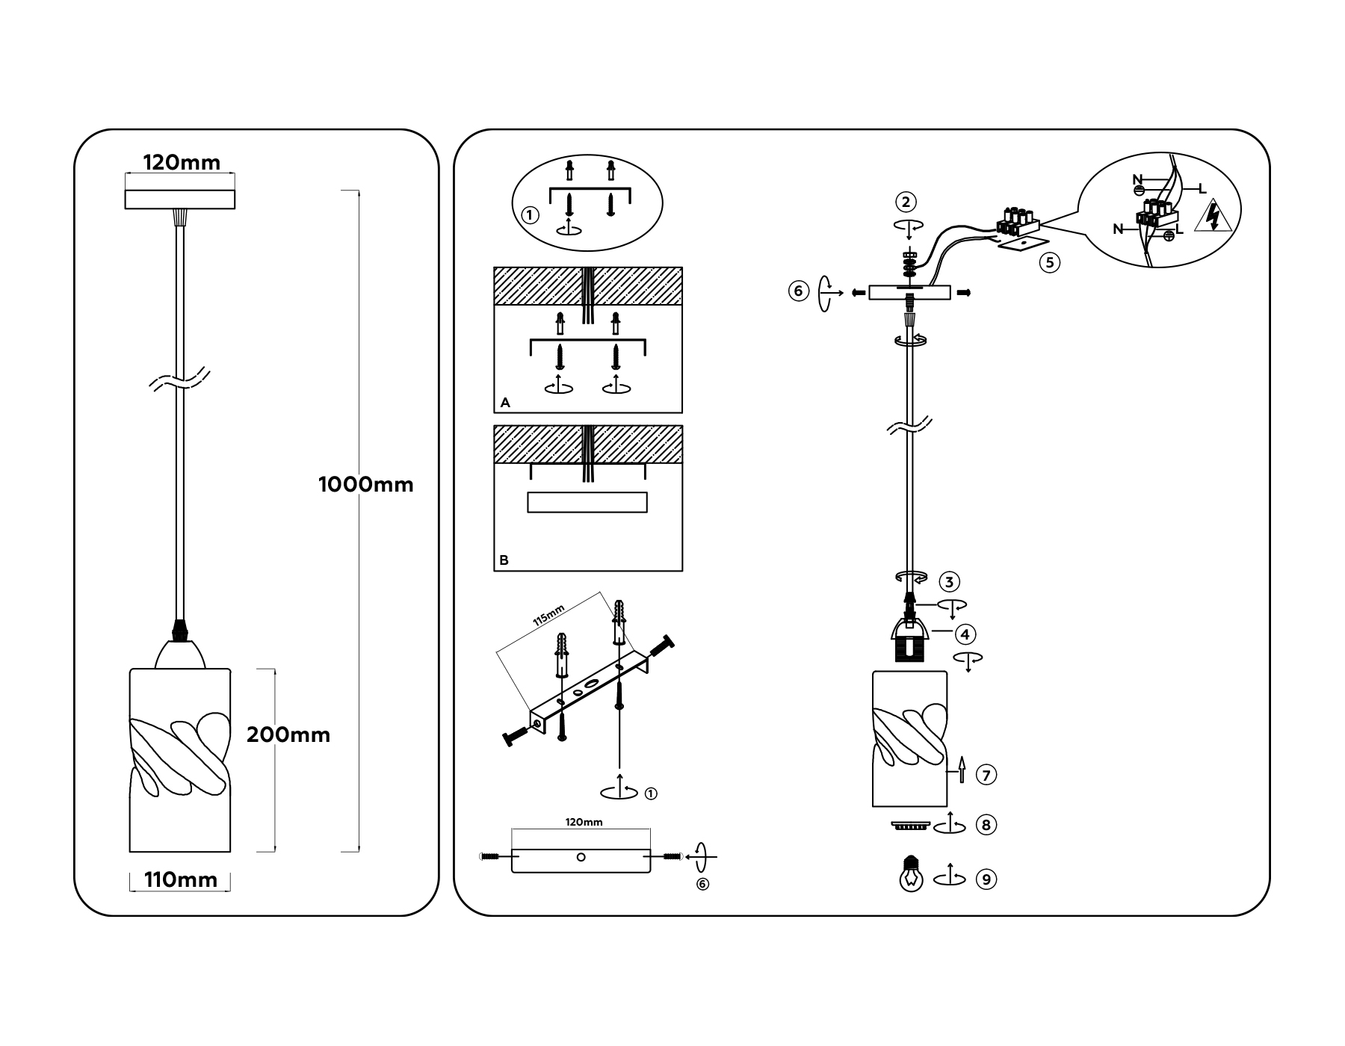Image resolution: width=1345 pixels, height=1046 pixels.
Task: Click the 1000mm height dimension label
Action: click(x=365, y=485)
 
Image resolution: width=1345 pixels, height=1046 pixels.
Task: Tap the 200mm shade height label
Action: click(x=288, y=735)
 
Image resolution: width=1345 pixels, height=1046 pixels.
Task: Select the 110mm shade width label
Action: click(x=181, y=880)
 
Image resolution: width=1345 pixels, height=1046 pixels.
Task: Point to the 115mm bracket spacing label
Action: click(x=548, y=616)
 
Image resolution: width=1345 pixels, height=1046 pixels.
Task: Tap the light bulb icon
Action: click(x=910, y=875)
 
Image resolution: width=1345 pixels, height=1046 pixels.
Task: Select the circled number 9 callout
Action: click(x=986, y=879)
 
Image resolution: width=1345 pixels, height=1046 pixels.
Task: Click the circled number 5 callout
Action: click(x=1050, y=262)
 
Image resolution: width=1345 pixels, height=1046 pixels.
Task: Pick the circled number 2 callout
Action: click(x=906, y=202)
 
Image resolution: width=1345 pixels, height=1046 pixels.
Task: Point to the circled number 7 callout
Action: click(x=986, y=776)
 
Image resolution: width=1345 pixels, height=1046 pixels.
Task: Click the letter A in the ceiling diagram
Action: click(x=505, y=403)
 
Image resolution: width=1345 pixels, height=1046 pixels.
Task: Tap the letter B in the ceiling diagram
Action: click(x=504, y=560)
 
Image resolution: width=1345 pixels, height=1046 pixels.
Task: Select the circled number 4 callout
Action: click(x=965, y=634)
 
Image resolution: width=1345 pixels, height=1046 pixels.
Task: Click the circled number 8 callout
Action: click(x=986, y=825)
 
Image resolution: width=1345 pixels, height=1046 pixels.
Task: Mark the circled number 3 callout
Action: click(x=949, y=582)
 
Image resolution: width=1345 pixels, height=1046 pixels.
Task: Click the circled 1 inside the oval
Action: click(x=530, y=216)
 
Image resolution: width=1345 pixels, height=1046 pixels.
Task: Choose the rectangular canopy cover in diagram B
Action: click(x=587, y=502)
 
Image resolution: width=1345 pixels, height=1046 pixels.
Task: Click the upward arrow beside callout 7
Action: click(x=962, y=769)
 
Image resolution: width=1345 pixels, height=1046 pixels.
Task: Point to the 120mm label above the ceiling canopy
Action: click(x=182, y=163)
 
